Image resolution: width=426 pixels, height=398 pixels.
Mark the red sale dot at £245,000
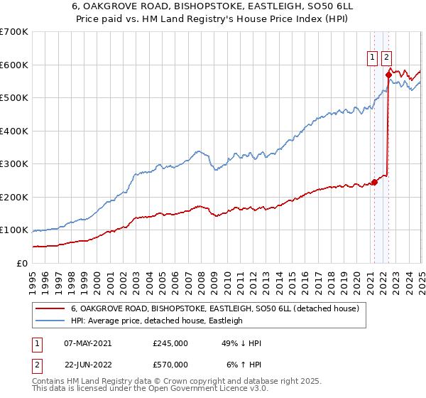(374, 183)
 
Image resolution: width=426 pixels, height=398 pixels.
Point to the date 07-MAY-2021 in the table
(87, 343)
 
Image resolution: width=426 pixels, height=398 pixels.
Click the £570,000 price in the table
(170, 364)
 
